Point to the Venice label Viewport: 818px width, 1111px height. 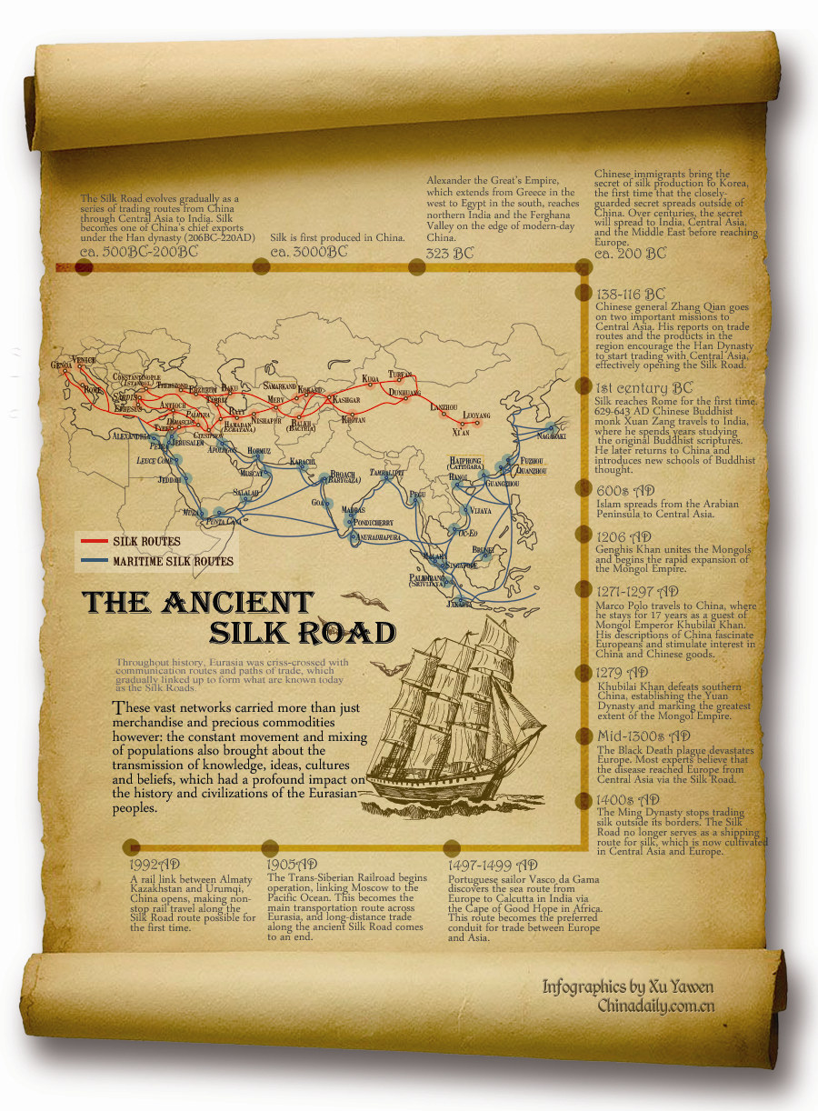(x=84, y=360)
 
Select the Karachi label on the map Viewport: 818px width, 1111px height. (x=303, y=462)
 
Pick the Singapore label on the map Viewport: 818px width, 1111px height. (x=452, y=566)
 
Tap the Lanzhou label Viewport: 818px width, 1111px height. (x=444, y=406)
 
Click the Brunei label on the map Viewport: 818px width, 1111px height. (x=483, y=549)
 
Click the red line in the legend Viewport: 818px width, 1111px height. (x=94, y=542)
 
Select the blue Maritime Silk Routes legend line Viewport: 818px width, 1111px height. (x=94, y=561)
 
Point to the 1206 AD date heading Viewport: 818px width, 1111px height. (x=623, y=537)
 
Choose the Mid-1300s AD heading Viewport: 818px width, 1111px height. (x=642, y=736)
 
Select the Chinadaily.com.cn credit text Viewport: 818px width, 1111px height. (x=655, y=1006)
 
